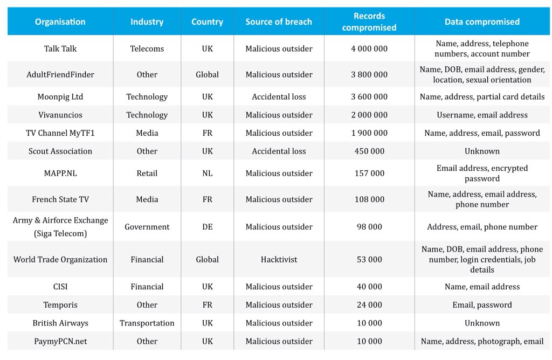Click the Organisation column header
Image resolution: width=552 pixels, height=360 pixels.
coord(60,22)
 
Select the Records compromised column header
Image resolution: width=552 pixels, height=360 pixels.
coord(369,22)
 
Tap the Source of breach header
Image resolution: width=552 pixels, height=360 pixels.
coord(279,22)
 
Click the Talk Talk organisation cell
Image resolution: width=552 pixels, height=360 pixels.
coord(60,49)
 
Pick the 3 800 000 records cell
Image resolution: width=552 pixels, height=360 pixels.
coord(369,74)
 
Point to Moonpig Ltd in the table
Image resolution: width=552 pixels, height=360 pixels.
coord(60,97)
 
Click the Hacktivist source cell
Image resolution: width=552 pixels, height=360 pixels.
coord(279,259)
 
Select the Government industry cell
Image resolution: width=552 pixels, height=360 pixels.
coord(147,227)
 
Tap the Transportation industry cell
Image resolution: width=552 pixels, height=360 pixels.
coord(147,323)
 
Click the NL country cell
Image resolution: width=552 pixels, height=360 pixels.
coord(208,174)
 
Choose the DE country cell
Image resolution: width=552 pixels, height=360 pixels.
coord(208,227)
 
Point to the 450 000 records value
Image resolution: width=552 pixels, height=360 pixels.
coord(369,151)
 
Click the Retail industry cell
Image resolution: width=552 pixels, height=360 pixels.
coord(147,174)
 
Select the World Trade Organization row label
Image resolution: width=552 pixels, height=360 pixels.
coord(60,259)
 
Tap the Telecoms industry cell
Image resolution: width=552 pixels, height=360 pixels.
coord(147,49)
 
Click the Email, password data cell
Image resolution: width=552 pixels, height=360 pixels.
coord(482,305)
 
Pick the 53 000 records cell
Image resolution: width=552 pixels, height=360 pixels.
coord(369,259)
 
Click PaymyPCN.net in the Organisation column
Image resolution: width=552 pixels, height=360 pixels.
coord(60,341)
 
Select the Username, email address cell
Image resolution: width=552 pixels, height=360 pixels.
coord(482,115)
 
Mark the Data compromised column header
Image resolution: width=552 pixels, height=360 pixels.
coord(482,22)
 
